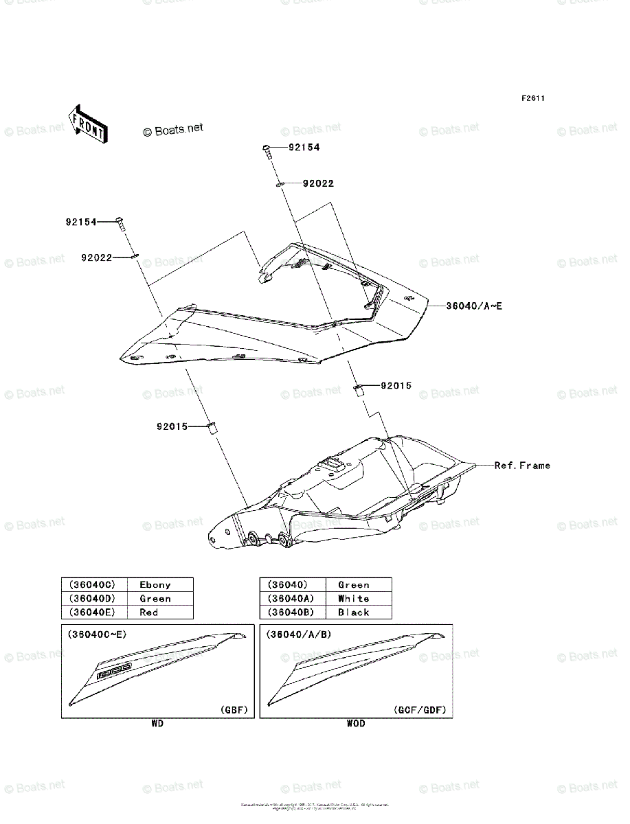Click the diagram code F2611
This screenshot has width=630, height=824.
532,99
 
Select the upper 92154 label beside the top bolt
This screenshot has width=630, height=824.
304,148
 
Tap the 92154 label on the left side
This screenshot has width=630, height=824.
81,222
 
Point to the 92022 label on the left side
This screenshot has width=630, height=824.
96,258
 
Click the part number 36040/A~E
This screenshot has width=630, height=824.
473,306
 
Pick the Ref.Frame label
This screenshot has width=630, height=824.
522,466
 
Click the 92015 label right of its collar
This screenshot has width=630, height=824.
396,386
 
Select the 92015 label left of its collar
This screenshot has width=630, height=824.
171,426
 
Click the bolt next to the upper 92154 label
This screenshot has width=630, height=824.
267,150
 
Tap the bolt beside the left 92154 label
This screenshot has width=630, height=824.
120,223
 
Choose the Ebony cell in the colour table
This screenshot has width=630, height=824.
155,585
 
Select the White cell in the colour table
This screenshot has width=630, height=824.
353,599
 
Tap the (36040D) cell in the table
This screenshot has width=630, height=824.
93,599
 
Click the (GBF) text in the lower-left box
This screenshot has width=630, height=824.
234,710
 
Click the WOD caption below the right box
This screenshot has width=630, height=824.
356,724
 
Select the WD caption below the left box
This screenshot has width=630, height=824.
157,724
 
